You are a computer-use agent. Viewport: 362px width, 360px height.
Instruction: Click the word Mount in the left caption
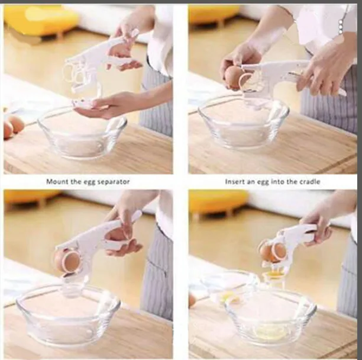[57, 181]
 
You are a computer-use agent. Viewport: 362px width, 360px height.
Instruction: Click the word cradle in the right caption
[310, 182]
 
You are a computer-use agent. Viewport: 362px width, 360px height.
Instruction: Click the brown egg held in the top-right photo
[234, 77]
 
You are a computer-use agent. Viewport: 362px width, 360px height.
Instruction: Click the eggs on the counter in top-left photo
[12, 126]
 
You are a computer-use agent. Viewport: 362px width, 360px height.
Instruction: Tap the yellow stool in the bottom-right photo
[217, 203]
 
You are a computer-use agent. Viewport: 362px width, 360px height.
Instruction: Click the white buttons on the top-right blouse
[341, 27]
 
